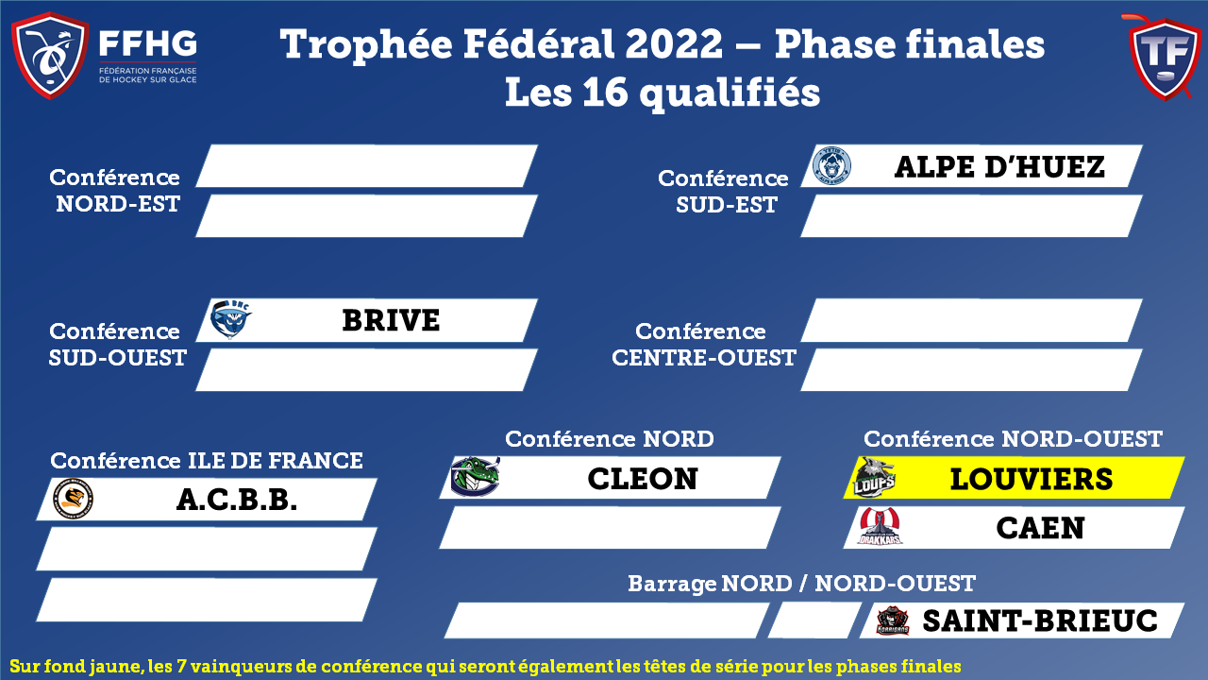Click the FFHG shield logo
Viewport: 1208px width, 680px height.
pos(50,55)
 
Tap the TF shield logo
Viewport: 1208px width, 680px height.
pos(1165,58)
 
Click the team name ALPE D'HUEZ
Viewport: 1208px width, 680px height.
pos(999,167)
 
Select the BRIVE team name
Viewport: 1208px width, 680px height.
pos(391,320)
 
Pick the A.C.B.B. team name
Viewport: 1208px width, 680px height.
pos(237,500)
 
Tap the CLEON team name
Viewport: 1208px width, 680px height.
pos(643,479)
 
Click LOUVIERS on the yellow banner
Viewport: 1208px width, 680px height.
pos(1032,479)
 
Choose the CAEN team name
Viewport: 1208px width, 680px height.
pos(1040,528)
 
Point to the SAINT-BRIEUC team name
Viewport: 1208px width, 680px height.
pos(1040,620)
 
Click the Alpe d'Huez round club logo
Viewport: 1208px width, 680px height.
pos(831,165)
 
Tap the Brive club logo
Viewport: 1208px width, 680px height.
pos(230,319)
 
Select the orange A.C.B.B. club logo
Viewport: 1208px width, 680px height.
pos(73,500)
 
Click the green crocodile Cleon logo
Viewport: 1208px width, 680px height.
pos(475,477)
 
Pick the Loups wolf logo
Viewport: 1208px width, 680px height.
pos(874,478)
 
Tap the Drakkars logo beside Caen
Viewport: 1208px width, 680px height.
pos(881,526)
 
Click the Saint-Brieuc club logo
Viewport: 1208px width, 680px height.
pos(893,620)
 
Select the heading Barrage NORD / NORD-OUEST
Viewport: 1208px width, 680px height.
pos(801,584)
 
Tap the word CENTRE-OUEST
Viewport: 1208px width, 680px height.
pos(704,358)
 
